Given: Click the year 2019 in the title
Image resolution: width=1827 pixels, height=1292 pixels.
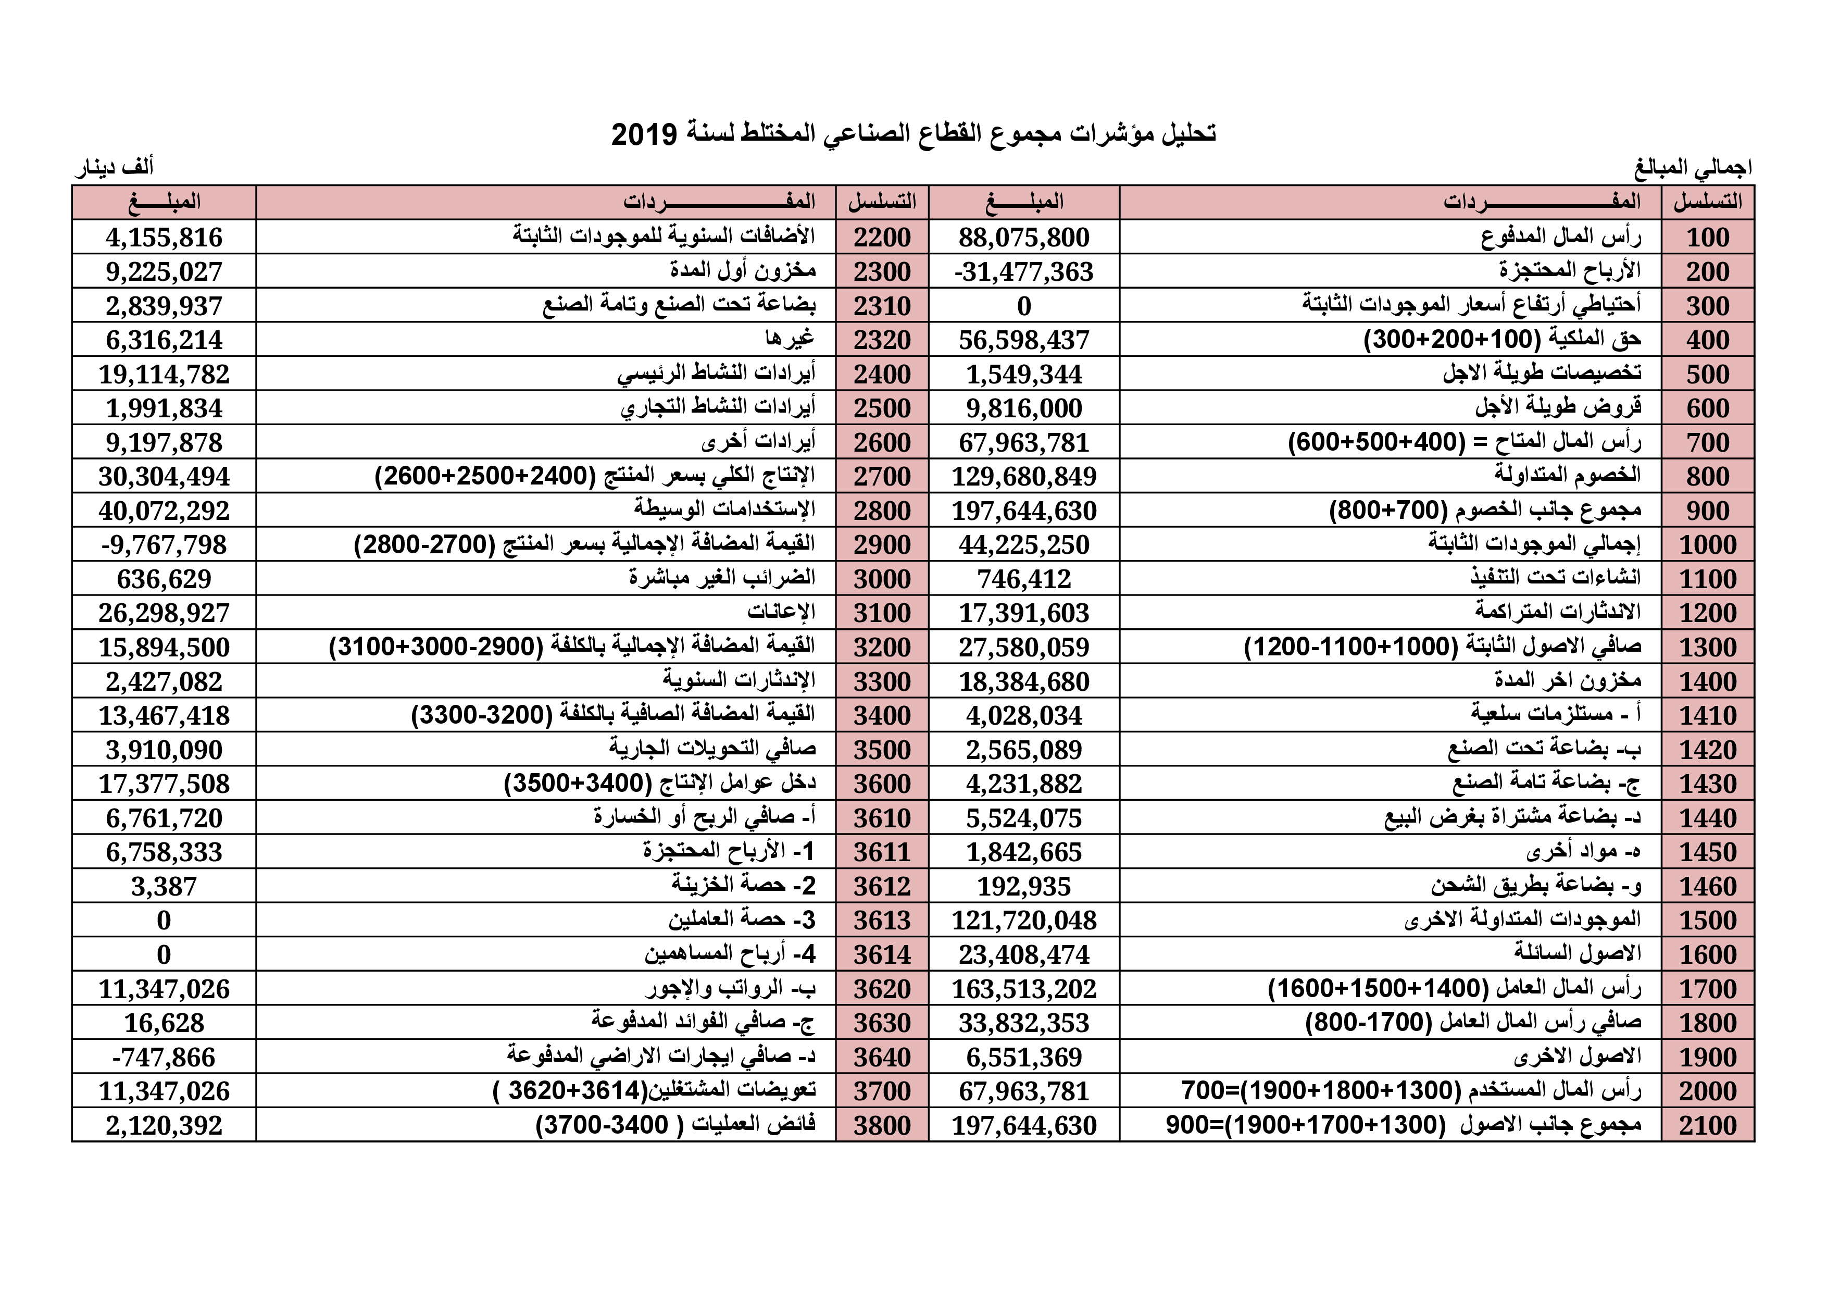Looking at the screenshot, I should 643,134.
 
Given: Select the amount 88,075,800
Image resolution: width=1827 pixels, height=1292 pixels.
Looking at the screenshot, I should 1023,237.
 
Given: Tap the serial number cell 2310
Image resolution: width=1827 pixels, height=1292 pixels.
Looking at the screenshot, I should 882,306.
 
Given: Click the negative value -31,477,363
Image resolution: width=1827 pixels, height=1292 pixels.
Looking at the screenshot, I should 1023,271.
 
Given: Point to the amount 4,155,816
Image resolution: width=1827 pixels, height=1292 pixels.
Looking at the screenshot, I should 164,237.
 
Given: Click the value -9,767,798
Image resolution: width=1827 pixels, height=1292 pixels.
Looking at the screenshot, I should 164,544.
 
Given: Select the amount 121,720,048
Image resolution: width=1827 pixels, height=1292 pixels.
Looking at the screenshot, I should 1023,920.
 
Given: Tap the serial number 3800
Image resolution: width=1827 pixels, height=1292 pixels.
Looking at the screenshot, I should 882,1126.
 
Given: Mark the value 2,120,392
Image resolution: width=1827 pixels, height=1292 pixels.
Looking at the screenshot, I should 164,1126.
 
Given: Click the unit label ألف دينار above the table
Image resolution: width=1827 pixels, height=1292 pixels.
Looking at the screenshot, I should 115,168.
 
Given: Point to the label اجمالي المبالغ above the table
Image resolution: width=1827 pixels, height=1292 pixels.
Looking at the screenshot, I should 1693,168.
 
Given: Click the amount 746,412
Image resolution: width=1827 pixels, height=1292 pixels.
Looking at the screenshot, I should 1023,579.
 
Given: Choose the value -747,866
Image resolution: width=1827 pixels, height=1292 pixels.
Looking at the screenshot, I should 164,1057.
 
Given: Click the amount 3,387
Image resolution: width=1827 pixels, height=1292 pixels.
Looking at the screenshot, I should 164,886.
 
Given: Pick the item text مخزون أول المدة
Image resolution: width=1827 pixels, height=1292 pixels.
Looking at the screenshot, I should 743,271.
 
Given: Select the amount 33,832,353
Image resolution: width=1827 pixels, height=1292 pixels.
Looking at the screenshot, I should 1023,1023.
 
